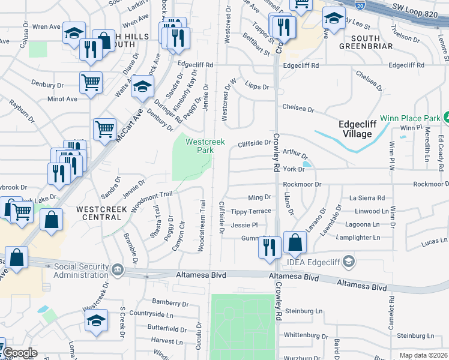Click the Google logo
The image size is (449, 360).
pos(19,352)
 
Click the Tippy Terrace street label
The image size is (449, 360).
pos(251,211)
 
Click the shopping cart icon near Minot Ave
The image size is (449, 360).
pos(91,82)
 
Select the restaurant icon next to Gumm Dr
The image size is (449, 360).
pos(269,247)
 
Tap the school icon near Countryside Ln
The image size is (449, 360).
pos(95,320)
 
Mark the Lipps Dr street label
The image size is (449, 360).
pos(257,86)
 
